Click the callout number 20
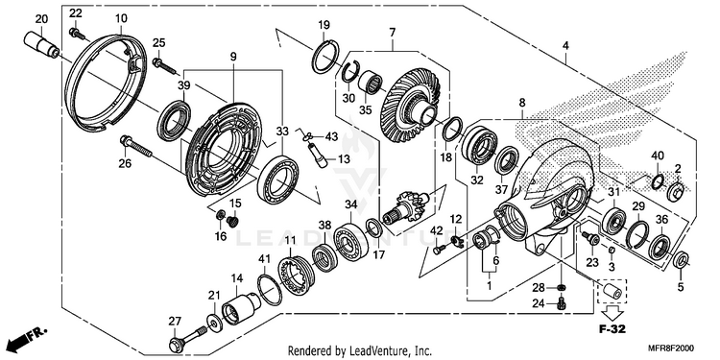[41, 19]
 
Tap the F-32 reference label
[612, 328]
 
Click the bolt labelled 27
[189, 339]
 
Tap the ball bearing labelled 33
[277, 180]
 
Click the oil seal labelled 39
[174, 120]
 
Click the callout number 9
[233, 57]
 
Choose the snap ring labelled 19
[325, 57]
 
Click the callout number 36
[661, 220]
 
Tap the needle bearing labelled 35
[371, 83]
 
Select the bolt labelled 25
[164, 65]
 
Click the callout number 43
[331, 137]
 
